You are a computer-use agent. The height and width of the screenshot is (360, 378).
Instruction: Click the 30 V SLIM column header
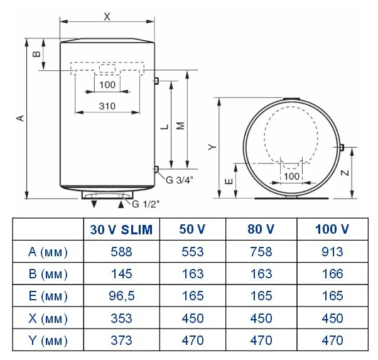(x=121, y=229)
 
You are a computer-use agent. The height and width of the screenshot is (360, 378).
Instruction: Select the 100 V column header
(x=332, y=229)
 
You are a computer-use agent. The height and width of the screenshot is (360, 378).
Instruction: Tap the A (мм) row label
(x=48, y=252)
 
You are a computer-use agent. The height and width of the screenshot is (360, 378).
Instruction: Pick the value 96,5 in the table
(x=122, y=296)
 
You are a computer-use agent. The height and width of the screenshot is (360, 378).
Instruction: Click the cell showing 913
(x=332, y=252)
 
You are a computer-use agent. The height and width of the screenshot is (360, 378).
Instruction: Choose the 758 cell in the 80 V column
(x=261, y=252)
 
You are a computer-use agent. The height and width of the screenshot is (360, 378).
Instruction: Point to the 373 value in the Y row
(x=122, y=341)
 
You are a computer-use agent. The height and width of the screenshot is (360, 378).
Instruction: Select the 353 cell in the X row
(x=122, y=319)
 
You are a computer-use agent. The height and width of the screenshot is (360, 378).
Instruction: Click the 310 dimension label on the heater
(x=107, y=106)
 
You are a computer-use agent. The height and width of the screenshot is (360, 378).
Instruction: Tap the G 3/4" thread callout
(x=180, y=180)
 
